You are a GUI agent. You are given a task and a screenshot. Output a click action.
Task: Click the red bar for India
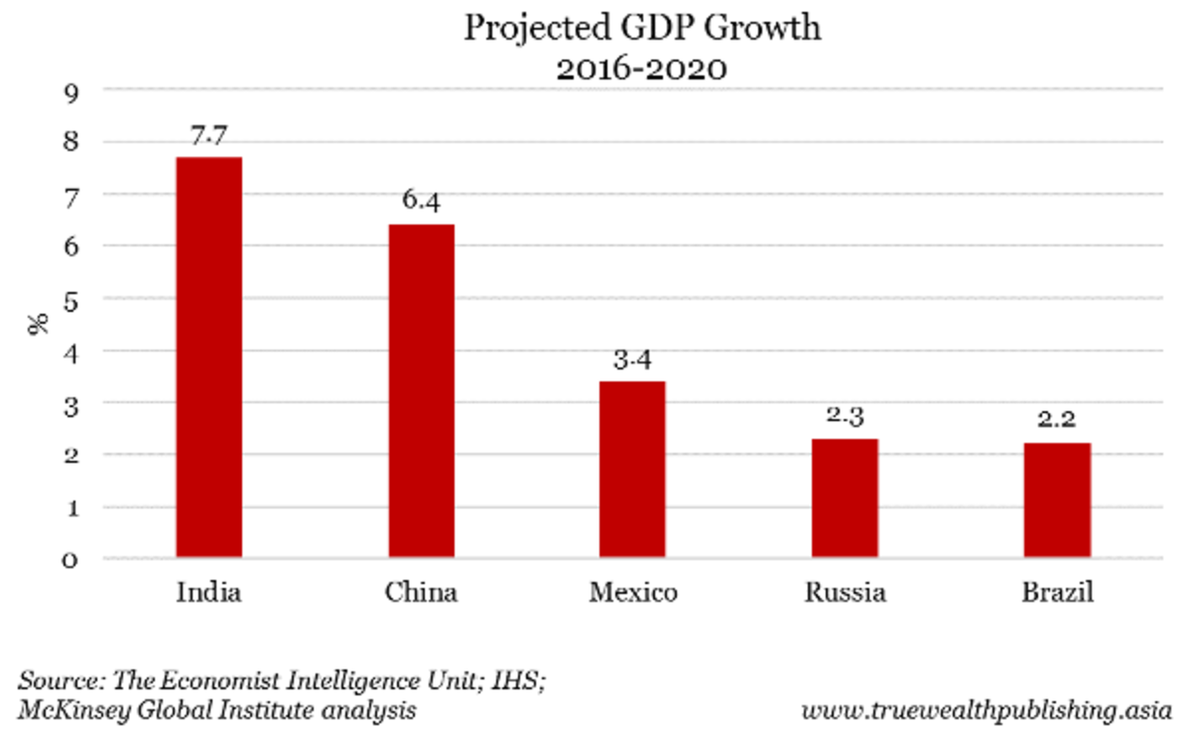(208, 358)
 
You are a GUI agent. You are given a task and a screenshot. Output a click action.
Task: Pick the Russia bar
(845, 499)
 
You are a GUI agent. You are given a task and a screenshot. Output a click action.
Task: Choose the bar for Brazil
(1057, 501)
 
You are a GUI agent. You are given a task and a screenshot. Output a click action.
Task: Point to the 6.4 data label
(421, 203)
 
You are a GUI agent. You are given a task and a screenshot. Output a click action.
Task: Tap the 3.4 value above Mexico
(632, 361)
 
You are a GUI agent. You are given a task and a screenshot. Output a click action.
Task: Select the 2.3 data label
(845, 418)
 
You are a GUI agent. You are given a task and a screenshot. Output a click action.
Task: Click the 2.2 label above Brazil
(1057, 422)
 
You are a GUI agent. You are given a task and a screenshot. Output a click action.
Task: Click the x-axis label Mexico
(633, 594)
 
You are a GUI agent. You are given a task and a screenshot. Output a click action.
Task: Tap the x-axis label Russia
(845, 594)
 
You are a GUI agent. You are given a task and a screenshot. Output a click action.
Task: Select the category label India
(208, 594)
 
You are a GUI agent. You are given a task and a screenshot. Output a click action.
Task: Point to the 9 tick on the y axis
(71, 91)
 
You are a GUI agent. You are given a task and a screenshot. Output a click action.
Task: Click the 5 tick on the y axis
(71, 300)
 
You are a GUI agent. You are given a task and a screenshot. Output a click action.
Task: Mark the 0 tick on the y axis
(71, 561)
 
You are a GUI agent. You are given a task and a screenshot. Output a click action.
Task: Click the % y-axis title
(40, 324)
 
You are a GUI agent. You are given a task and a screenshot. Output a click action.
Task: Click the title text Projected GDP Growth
(643, 28)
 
